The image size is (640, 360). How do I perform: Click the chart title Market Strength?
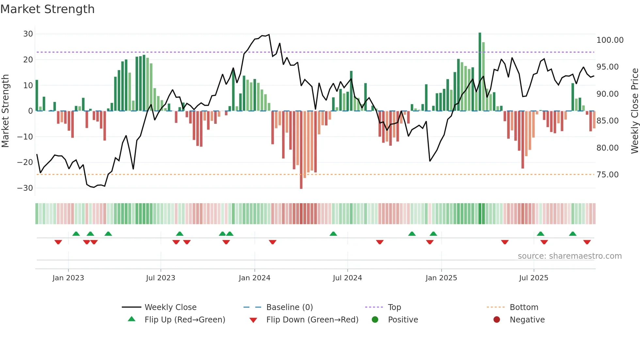[47, 9]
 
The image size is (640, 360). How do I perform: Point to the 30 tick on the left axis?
[28, 34]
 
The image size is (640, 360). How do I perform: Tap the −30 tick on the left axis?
[25, 188]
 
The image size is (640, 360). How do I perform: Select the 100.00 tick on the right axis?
[610, 40]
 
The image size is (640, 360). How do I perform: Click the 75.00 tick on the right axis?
[607, 175]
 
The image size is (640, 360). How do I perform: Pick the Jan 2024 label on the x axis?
[254, 278]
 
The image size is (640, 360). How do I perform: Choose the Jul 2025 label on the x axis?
[534, 278]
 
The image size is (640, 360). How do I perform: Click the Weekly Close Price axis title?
[634, 111]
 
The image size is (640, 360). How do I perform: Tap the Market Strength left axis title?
[6, 111]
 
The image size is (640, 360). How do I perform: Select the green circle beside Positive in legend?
[375, 320]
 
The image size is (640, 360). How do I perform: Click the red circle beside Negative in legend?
[497, 320]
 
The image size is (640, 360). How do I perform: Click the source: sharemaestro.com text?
[569, 256]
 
